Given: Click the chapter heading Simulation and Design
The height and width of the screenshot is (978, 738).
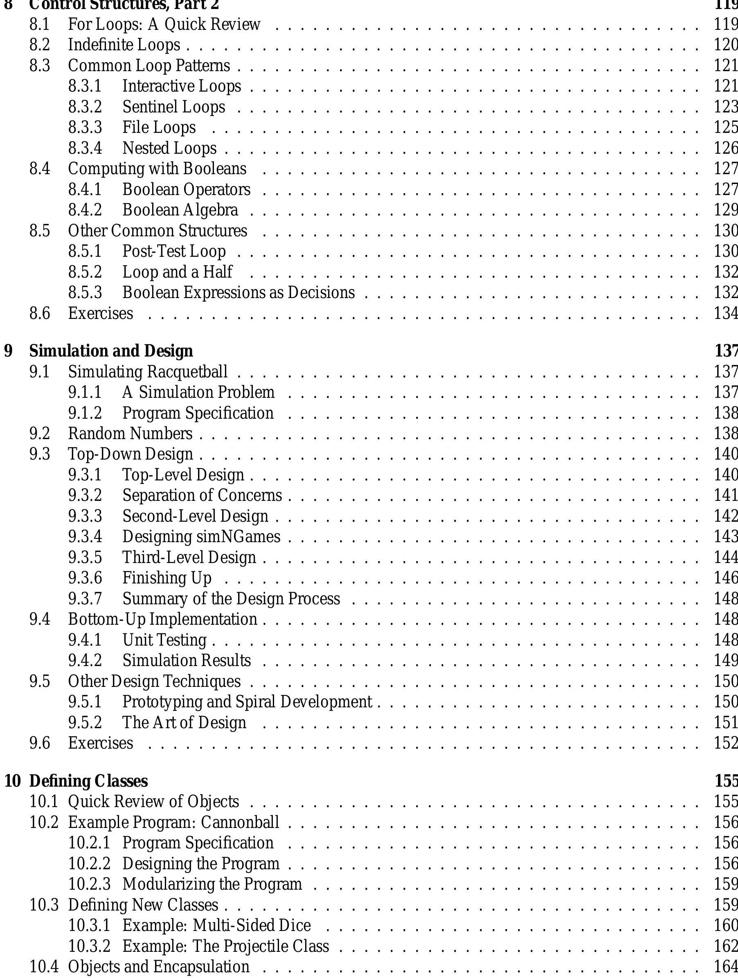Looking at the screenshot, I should (x=111, y=351).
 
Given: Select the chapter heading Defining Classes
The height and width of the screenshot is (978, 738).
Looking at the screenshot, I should (x=88, y=781).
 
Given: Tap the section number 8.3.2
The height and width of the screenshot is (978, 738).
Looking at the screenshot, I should (x=85, y=107).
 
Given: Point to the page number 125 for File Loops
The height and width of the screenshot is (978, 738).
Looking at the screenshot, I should (x=726, y=127).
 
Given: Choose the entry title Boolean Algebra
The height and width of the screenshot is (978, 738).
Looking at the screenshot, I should (x=180, y=210).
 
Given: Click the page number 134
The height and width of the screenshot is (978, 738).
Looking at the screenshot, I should (x=726, y=314).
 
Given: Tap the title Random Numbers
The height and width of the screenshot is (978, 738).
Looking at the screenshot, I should (x=130, y=434).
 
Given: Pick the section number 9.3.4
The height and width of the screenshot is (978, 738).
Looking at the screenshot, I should (x=85, y=537).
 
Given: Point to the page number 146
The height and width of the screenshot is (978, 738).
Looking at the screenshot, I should (x=726, y=578).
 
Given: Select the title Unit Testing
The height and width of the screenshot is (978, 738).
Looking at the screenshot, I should (x=164, y=640).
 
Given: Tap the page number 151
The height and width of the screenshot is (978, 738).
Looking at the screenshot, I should (x=726, y=722).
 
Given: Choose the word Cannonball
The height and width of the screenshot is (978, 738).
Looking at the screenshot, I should (x=240, y=822).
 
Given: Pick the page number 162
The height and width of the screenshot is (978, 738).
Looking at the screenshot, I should (x=726, y=946).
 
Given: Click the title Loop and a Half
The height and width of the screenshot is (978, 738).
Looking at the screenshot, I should (x=177, y=272).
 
